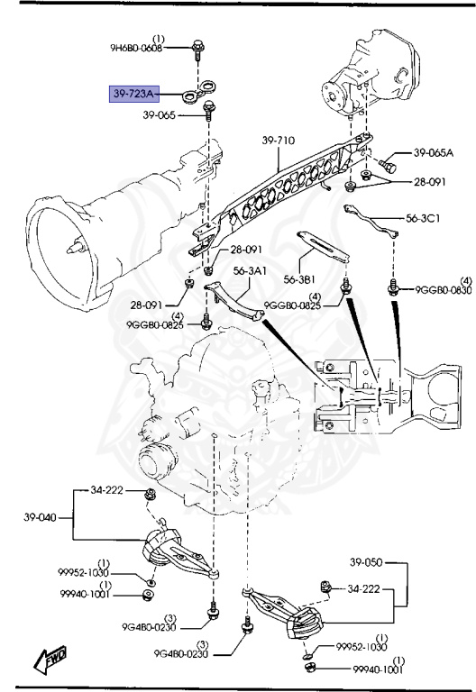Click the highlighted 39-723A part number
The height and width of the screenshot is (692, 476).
134,94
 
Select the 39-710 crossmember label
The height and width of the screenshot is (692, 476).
279,141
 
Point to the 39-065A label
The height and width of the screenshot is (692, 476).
434,153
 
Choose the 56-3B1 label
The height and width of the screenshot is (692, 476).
299,280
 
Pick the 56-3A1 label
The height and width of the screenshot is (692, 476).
250,269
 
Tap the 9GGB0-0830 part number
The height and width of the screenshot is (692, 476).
444,290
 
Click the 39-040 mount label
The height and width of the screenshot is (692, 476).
41,518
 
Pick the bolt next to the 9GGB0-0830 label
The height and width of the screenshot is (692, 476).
393,288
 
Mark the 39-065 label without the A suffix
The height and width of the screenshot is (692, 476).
160,115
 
